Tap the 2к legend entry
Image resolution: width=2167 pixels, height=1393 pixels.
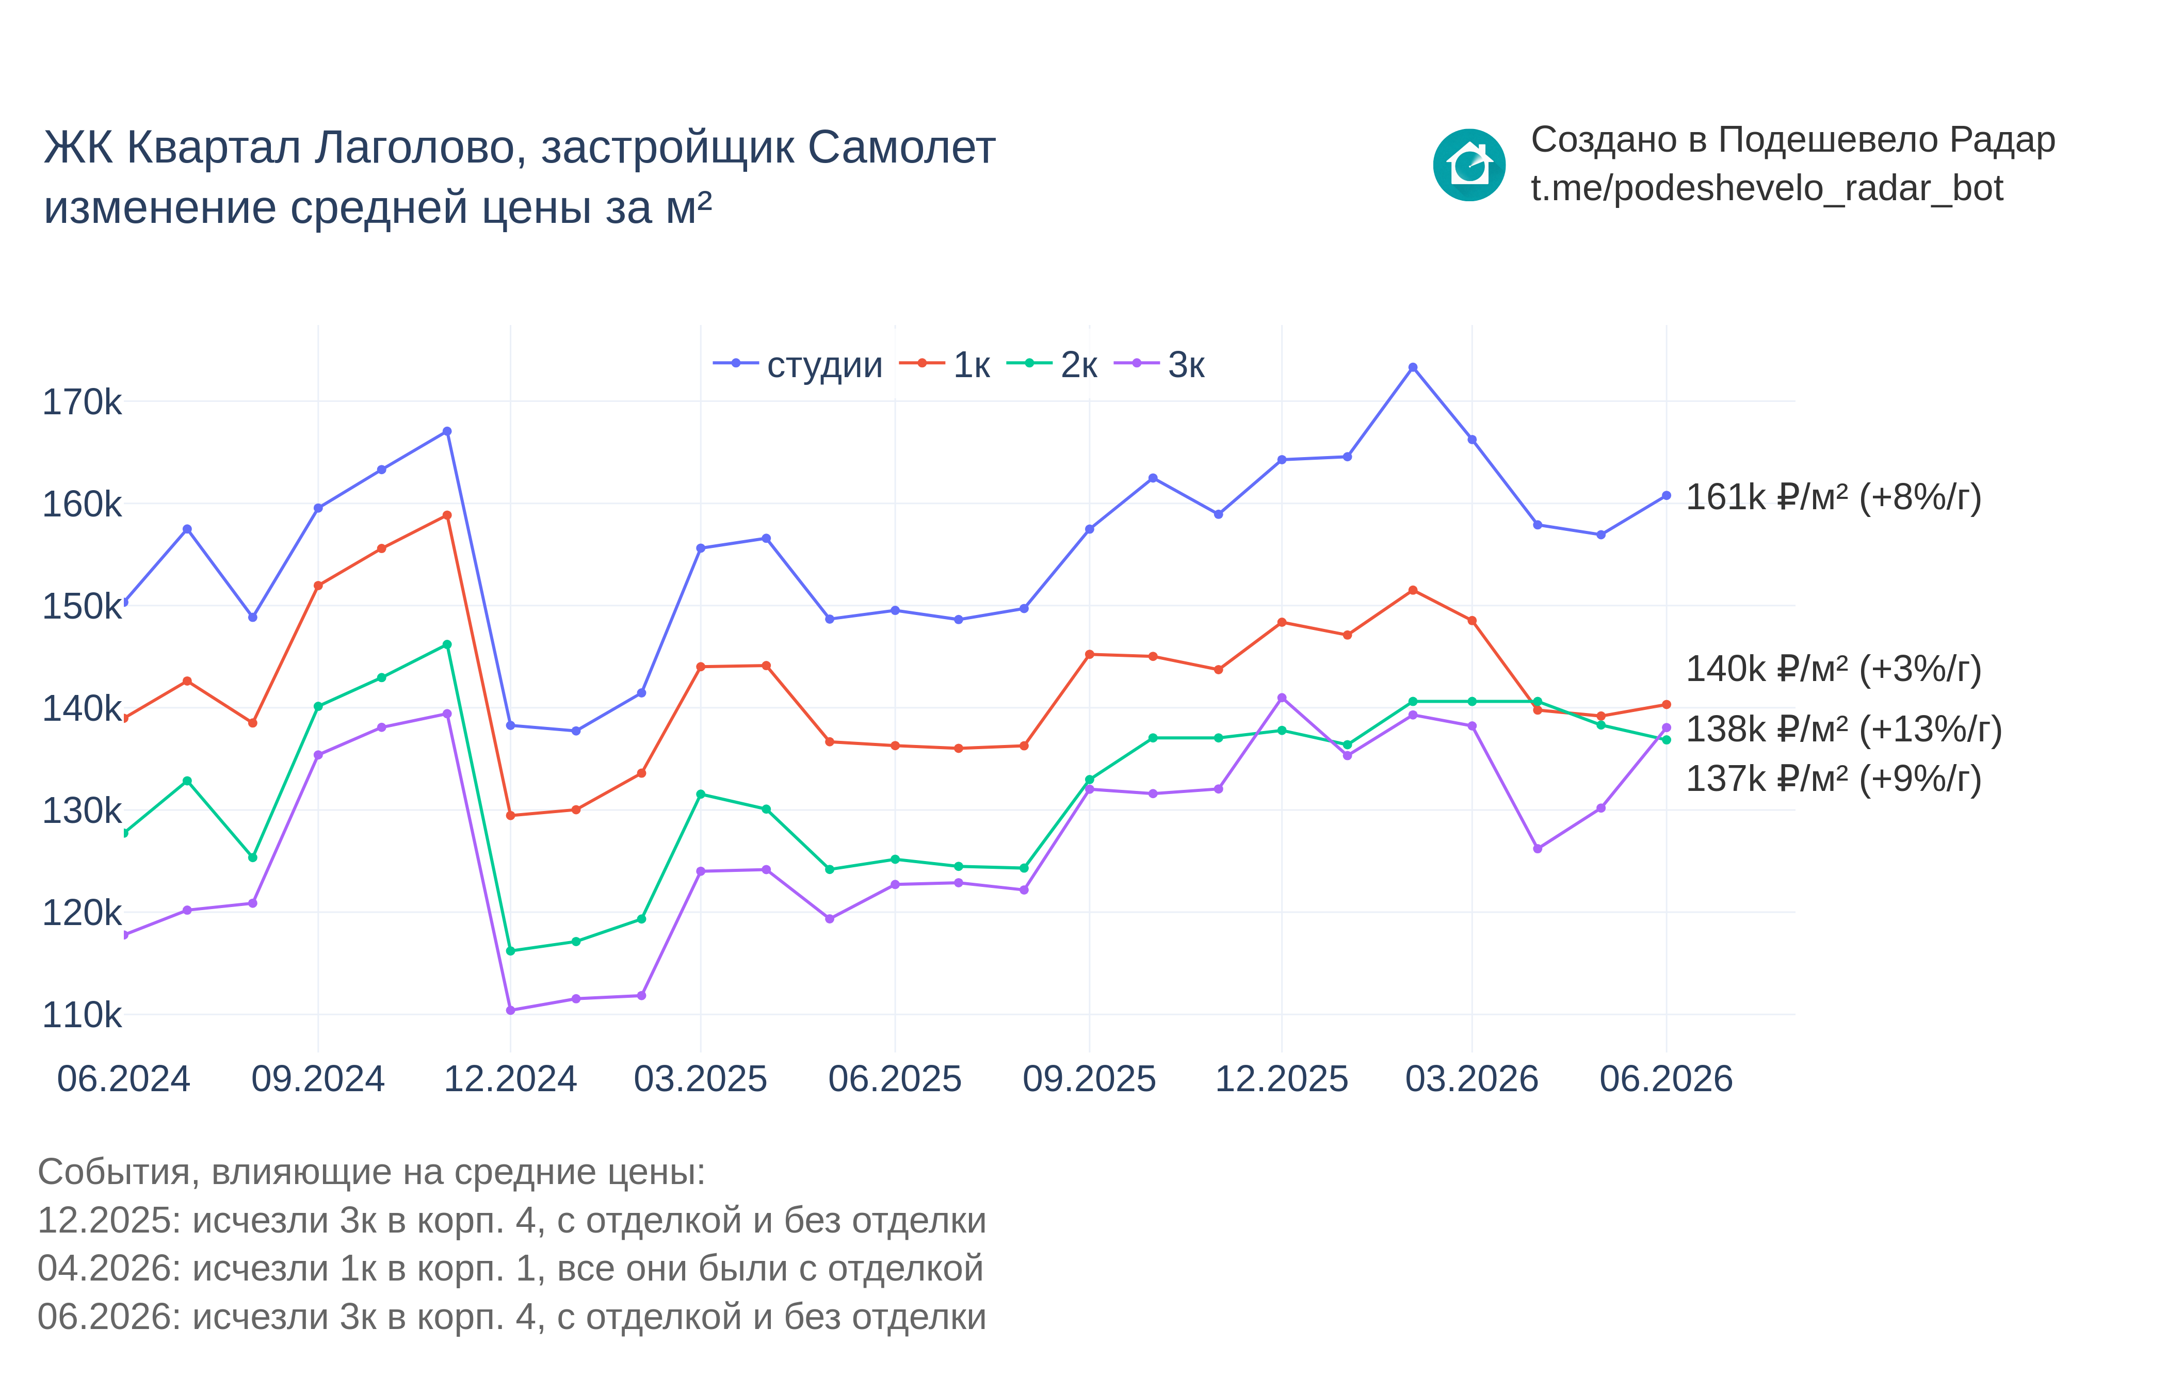[1052, 365]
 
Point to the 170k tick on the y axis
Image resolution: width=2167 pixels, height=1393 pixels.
[82, 401]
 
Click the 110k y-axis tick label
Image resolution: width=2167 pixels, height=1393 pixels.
[82, 1015]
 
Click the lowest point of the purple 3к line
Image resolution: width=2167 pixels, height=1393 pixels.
[511, 1010]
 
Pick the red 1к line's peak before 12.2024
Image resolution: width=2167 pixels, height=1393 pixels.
[447, 515]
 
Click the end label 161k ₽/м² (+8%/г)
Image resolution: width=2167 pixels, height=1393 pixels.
[1833, 497]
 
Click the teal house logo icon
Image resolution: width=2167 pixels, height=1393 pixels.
[1469, 165]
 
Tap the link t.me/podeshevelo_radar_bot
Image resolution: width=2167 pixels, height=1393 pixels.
[1766, 188]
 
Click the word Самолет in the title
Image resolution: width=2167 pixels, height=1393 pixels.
[902, 148]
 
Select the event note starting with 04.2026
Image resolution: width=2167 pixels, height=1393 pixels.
[510, 1268]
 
